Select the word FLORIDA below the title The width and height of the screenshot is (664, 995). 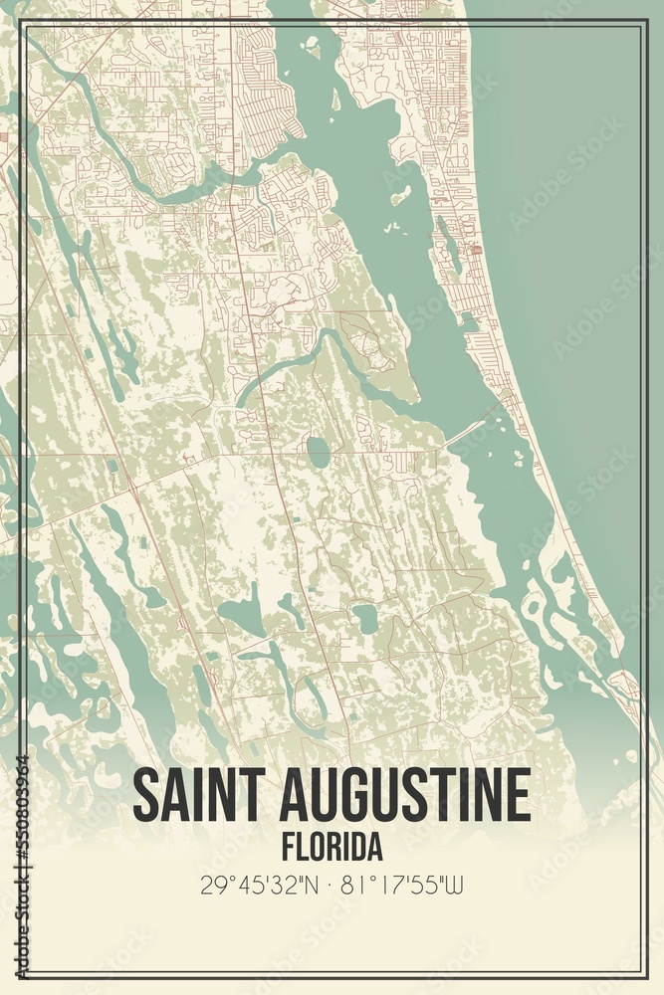pyautogui.click(x=332, y=847)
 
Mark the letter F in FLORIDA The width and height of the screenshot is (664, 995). pyautogui.click(x=288, y=847)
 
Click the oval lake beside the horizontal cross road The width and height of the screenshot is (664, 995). pyautogui.click(x=318, y=453)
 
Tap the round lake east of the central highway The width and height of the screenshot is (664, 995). pyautogui.click(x=366, y=619)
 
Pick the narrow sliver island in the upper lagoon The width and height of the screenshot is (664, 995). pyautogui.click(x=335, y=99)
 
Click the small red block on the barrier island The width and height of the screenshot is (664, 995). pyautogui.click(x=477, y=250)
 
